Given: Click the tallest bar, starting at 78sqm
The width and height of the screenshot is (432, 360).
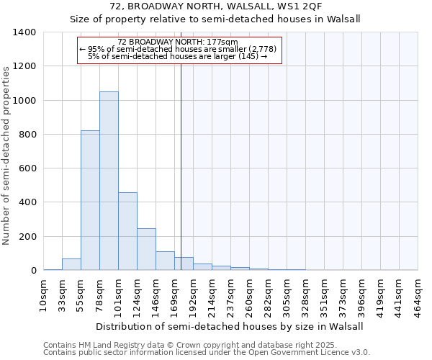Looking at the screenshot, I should point(109,180).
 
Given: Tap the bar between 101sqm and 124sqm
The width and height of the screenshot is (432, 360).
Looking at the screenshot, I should point(127,230).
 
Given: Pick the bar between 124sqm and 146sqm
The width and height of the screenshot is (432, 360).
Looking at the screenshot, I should point(146,249).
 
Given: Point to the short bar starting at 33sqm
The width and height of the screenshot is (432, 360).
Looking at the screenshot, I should point(71,264).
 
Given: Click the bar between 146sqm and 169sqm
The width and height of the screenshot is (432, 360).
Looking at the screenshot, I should point(165,261).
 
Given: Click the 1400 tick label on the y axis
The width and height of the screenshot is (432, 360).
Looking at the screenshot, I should point(24,32).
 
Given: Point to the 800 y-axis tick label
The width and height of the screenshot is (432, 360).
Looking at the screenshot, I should point(27,135).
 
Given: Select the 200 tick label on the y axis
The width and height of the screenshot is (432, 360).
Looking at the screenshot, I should point(27,237).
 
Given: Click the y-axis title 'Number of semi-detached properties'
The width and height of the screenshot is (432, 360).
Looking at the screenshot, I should point(7,155).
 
